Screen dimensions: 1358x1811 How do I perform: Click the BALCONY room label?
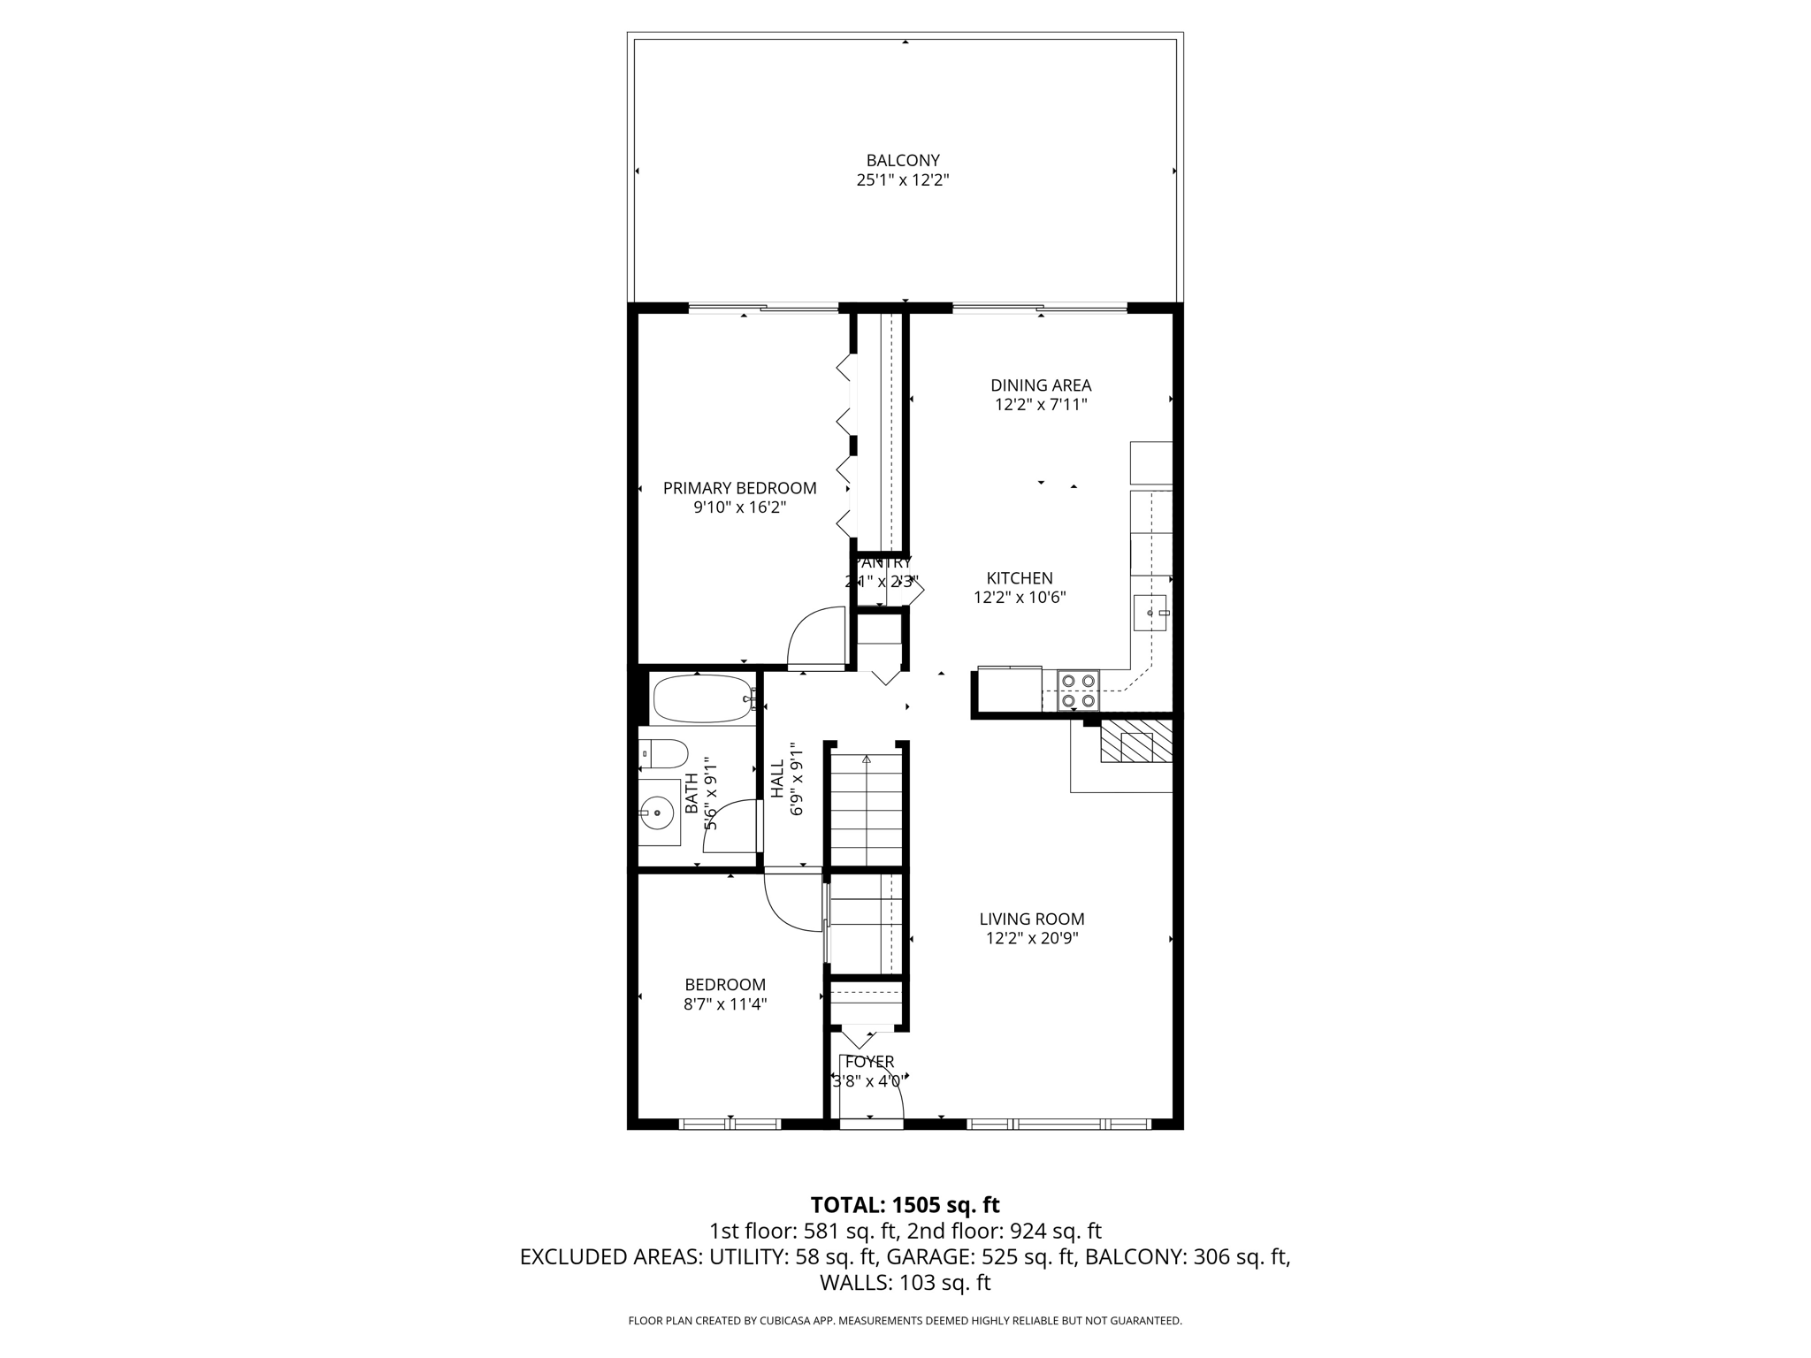click(x=902, y=160)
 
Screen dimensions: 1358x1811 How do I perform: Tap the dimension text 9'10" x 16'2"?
click(x=739, y=507)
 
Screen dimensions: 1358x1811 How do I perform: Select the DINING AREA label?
click(x=1040, y=385)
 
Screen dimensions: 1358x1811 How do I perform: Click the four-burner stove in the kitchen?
click(x=1078, y=690)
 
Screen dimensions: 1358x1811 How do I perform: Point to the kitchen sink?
click(x=1150, y=613)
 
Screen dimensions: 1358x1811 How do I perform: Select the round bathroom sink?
click(x=657, y=811)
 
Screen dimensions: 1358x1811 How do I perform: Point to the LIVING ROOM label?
click(x=1031, y=919)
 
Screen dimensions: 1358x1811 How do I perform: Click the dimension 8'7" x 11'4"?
click(x=724, y=1004)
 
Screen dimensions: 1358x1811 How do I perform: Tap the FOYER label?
click(x=869, y=1062)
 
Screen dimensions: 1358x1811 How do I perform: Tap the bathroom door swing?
click(x=728, y=827)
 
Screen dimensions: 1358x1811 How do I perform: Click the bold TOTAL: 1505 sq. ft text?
click(x=905, y=1205)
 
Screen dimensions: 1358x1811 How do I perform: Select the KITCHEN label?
click(x=1020, y=578)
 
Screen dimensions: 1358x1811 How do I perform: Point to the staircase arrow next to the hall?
click(x=867, y=760)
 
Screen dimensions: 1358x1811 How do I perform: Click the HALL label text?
click(x=777, y=781)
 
